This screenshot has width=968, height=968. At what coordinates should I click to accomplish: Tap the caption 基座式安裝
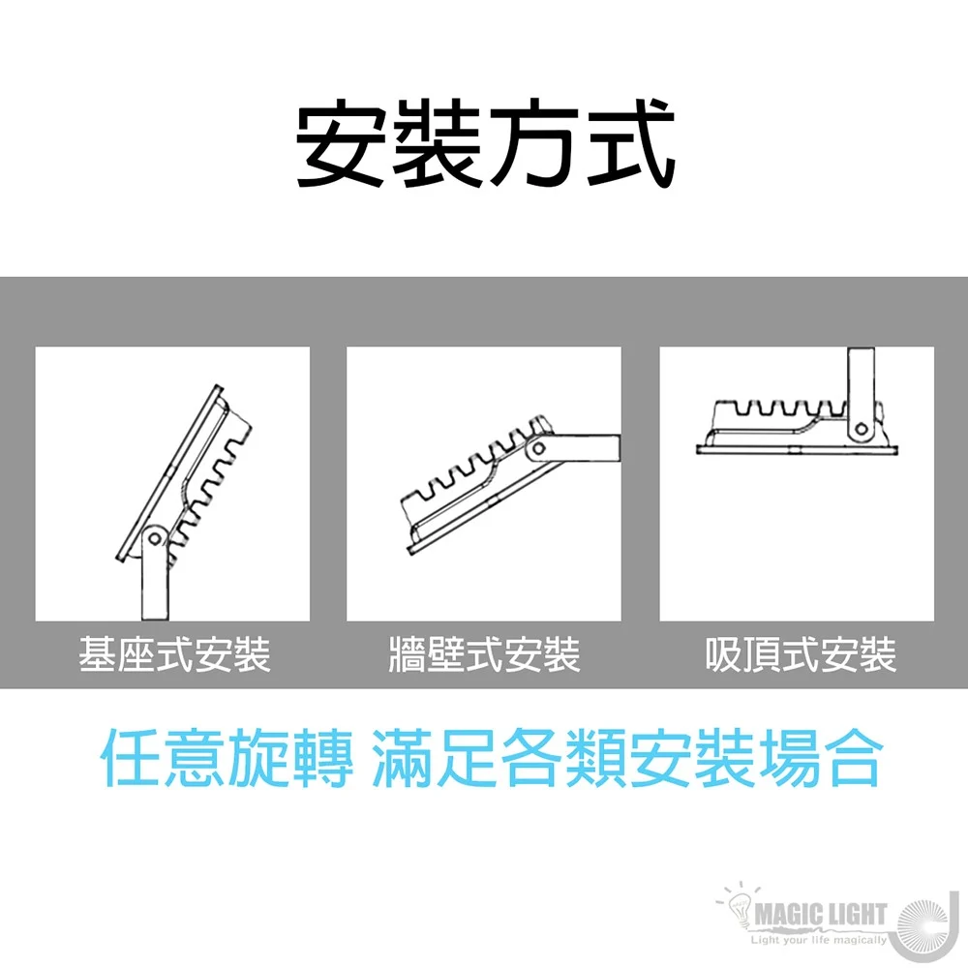174,654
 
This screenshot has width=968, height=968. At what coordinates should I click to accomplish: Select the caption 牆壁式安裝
485,654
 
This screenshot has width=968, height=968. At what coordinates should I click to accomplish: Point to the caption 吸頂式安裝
801,654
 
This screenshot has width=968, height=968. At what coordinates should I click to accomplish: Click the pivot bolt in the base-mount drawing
154,539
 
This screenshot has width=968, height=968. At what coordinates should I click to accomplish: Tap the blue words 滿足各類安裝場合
625,758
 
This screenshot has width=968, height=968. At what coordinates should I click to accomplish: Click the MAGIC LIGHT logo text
821,915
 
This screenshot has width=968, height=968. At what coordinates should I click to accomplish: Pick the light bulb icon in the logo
739,908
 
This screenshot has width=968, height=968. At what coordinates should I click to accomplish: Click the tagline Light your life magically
819,940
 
